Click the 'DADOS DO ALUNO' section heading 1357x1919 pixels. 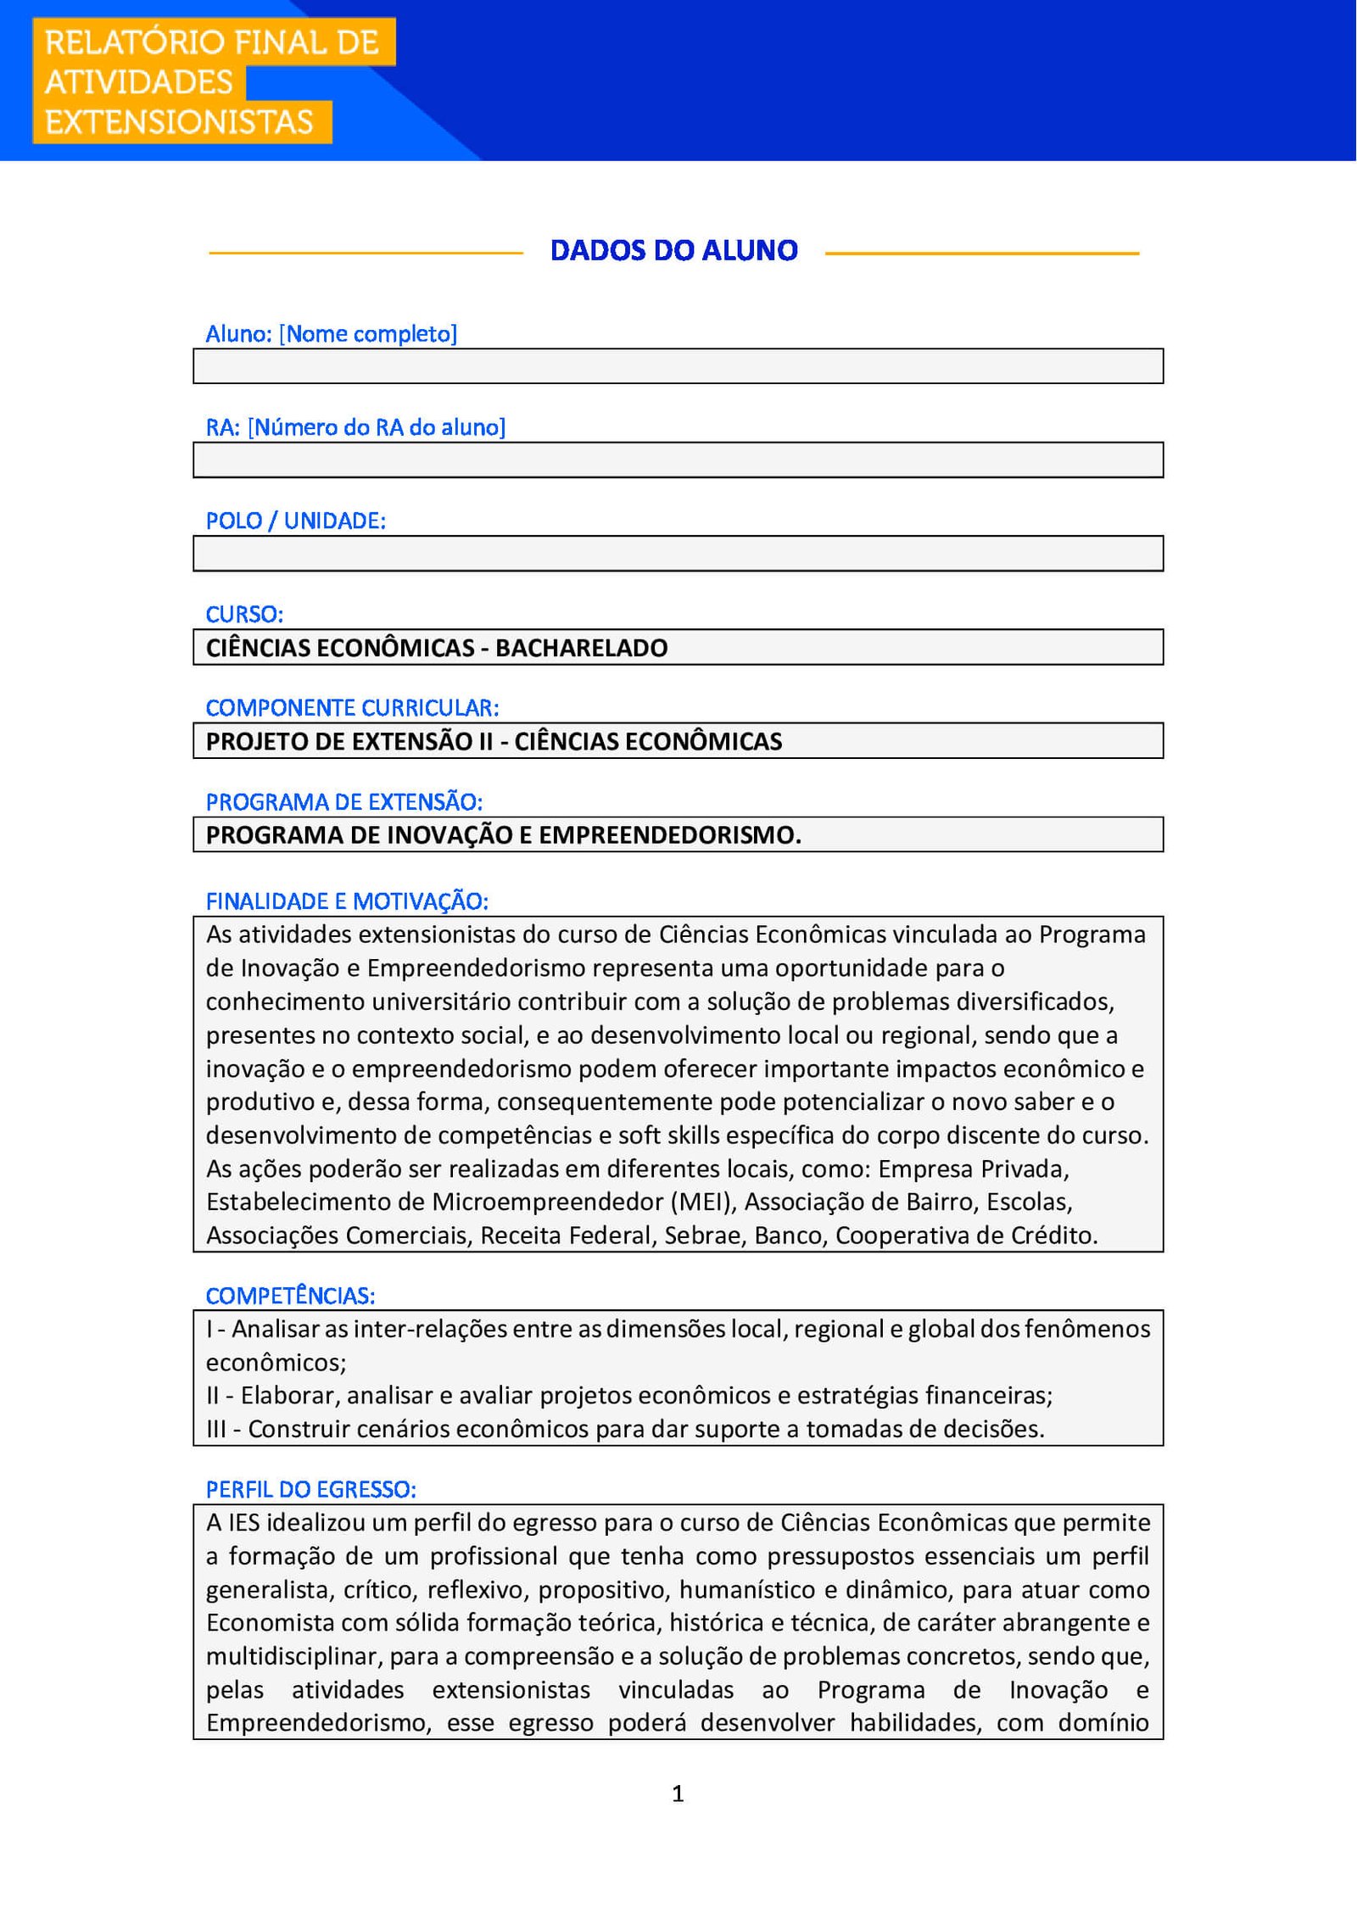click(673, 250)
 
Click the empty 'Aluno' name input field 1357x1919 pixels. click(678, 366)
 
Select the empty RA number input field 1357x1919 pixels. click(678, 460)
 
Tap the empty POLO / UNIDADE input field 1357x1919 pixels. click(678, 554)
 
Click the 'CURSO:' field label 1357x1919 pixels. click(244, 614)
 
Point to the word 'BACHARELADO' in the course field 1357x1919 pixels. click(581, 648)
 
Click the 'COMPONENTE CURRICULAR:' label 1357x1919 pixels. click(352, 707)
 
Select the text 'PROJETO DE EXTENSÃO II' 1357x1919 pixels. click(349, 742)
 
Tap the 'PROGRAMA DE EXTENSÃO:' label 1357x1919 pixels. click(343, 801)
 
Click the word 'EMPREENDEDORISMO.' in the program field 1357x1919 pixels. click(670, 835)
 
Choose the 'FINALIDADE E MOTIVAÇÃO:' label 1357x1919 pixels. click(347, 901)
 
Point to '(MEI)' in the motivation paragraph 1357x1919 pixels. click(706, 1202)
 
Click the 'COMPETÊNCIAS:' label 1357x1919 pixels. click(290, 1296)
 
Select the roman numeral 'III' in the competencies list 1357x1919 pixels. click(216, 1429)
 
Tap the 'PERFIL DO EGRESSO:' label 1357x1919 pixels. click(310, 1489)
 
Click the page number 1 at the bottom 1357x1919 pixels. click(678, 1793)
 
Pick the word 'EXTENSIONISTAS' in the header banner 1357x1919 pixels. click(179, 122)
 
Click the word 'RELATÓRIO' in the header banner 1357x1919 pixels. click(134, 42)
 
